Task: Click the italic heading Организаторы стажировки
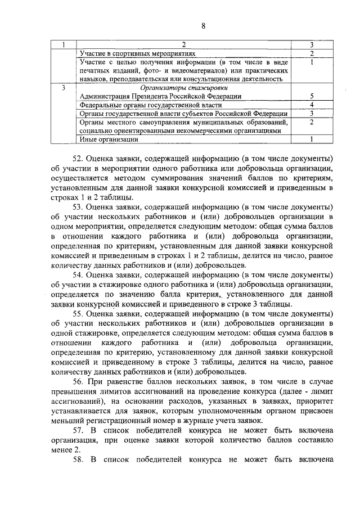(x=184, y=88)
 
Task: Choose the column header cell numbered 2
(x=184, y=44)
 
